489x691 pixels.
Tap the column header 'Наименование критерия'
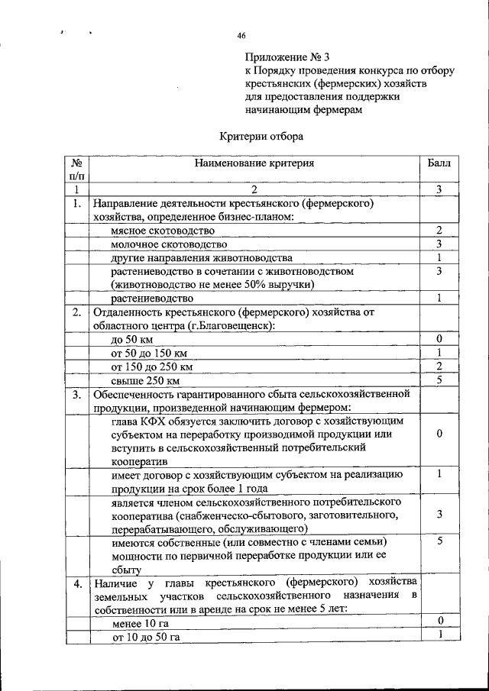[254, 163]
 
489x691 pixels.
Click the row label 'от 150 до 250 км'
[152, 366]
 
